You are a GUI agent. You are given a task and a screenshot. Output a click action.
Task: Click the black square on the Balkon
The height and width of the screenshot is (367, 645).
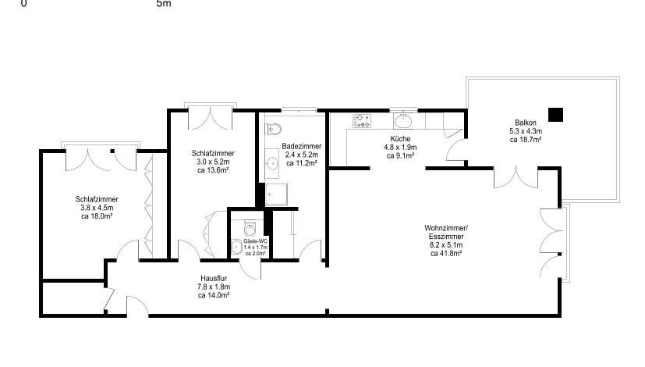tap(556, 115)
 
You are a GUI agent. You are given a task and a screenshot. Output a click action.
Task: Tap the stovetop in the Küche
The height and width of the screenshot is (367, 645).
tap(362, 121)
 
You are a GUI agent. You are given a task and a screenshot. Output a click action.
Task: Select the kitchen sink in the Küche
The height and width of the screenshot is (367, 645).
tap(403, 121)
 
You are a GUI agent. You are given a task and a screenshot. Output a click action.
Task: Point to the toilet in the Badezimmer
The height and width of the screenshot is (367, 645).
tap(273, 130)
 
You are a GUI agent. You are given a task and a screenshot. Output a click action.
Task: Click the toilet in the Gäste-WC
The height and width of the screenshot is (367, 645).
tap(250, 229)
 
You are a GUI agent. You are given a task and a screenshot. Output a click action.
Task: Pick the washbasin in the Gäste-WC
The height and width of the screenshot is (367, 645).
tap(236, 247)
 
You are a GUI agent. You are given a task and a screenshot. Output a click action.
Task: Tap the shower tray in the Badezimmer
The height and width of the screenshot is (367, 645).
tap(276, 194)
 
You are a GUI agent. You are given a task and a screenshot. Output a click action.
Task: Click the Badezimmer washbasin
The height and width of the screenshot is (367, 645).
tap(272, 163)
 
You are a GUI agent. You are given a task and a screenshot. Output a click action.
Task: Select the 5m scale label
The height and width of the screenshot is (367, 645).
tap(164, 4)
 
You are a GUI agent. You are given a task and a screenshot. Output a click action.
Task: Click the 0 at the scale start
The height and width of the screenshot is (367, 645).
tap(24, 4)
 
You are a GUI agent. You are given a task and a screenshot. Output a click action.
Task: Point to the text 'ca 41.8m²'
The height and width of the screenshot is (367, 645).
tap(446, 254)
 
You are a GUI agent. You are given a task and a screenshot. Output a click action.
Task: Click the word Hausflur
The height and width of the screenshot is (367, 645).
tap(214, 278)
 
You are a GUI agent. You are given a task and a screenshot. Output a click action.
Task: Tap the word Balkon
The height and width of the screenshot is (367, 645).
tap(526, 123)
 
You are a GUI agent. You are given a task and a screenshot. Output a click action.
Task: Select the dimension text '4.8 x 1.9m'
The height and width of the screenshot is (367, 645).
tap(400, 147)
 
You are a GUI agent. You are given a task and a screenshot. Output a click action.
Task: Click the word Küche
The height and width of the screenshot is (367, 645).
tap(400, 139)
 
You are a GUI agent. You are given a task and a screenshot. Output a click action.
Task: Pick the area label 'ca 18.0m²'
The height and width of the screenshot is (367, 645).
tap(97, 216)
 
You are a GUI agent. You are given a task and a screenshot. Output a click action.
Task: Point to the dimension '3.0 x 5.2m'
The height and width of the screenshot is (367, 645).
tap(213, 162)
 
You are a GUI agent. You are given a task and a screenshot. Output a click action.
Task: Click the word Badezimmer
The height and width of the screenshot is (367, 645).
tap(302, 146)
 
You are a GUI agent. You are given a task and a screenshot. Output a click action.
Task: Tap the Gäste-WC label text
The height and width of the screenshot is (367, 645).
tap(256, 241)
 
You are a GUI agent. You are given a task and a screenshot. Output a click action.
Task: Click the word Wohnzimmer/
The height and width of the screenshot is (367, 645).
tap(446, 228)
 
